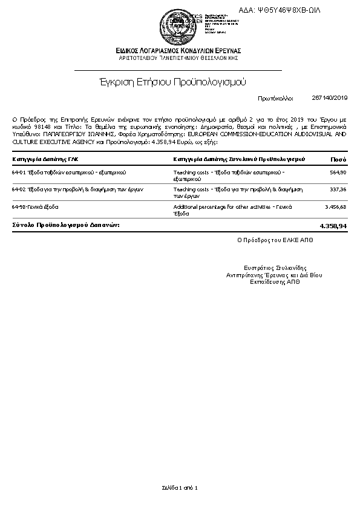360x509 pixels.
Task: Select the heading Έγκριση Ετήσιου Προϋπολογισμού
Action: [x=173, y=81]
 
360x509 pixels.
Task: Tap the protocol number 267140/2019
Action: [x=330, y=97]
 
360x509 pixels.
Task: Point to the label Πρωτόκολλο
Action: [x=275, y=97]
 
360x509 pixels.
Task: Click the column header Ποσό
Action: [x=338, y=159]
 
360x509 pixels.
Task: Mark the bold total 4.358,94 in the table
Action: [x=333, y=225]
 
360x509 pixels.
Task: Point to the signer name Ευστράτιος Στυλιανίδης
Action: [x=275, y=268]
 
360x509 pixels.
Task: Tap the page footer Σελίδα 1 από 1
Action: [x=180, y=487]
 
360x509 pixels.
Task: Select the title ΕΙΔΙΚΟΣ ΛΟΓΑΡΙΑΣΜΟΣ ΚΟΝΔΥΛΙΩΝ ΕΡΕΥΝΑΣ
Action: [x=180, y=50]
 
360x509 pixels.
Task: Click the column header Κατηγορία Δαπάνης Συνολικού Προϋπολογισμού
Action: [x=239, y=159]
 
